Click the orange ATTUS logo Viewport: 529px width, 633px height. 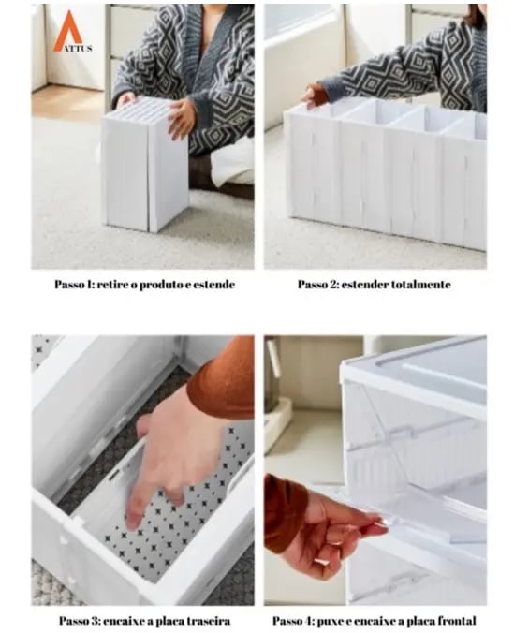click(x=72, y=32)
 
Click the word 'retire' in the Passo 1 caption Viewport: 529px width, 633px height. click(x=110, y=285)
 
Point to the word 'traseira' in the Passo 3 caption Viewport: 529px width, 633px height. click(x=210, y=621)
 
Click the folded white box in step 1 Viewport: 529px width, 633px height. click(x=145, y=165)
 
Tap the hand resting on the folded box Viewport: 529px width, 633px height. click(x=181, y=119)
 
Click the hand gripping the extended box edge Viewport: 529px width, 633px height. click(x=316, y=96)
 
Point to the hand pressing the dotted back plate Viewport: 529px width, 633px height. click(x=169, y=452)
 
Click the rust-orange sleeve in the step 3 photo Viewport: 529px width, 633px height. click(x=222, y=378)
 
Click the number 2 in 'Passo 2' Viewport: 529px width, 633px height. click(x=333, y=285)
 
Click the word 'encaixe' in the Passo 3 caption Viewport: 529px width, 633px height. click(x=124, y=621)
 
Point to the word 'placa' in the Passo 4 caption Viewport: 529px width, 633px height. click(x=419, y=621)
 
